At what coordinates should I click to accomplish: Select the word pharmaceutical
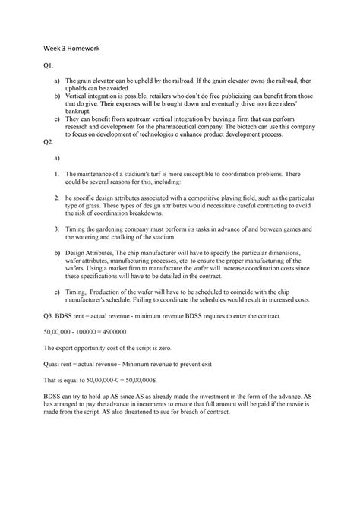tap(211, 128)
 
